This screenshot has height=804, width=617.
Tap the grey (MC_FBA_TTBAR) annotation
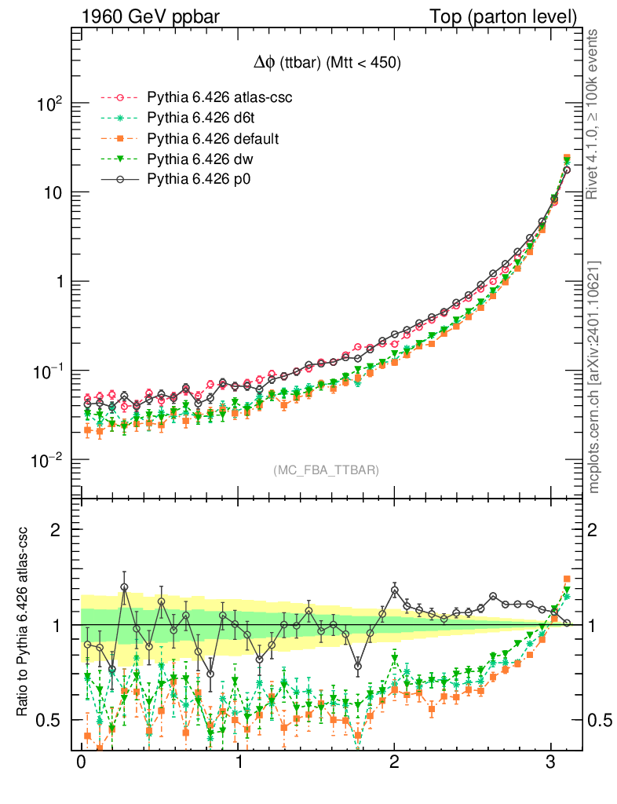326,470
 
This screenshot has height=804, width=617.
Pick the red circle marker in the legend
119,97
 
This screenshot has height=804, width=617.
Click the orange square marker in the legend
119,139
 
